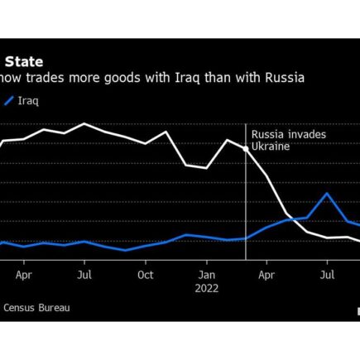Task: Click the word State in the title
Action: pyautogui.click(x=24, y=62)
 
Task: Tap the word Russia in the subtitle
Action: pyautogui.click(x=285, y=78)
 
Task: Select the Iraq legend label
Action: pyautogui.click(x=28, y=101)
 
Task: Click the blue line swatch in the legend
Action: pyautogui.click(x=9, y=101)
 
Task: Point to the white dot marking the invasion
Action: pyautogui.click(x=246, y=149)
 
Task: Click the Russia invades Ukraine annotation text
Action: pyautogui.click(x=289, y=141)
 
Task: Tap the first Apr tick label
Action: pyautogui.click(x=24, y=275)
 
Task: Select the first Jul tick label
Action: pyautogui.click(x=84, y=275)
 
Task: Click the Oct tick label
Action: pyautogui.click(x=146, y=275)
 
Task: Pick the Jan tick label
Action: pyautogui.click(x=207, y=275)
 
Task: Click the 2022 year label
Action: pyautogui.click(x=207, y=288)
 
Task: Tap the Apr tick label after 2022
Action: pyautogui.click(x=266, y=275)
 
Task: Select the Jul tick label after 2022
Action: pyautogui.click(x=327, y=275)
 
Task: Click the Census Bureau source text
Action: pyautogui.click(x=36, y=308)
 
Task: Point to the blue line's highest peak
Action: pyautogui.click(x=327, y=193)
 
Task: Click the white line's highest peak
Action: pyautogui.click(x=84, y=123)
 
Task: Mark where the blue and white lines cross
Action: pyautogui.click(x=290, y=219)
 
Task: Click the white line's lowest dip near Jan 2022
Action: pyautogui.click(x=207, y=168)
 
